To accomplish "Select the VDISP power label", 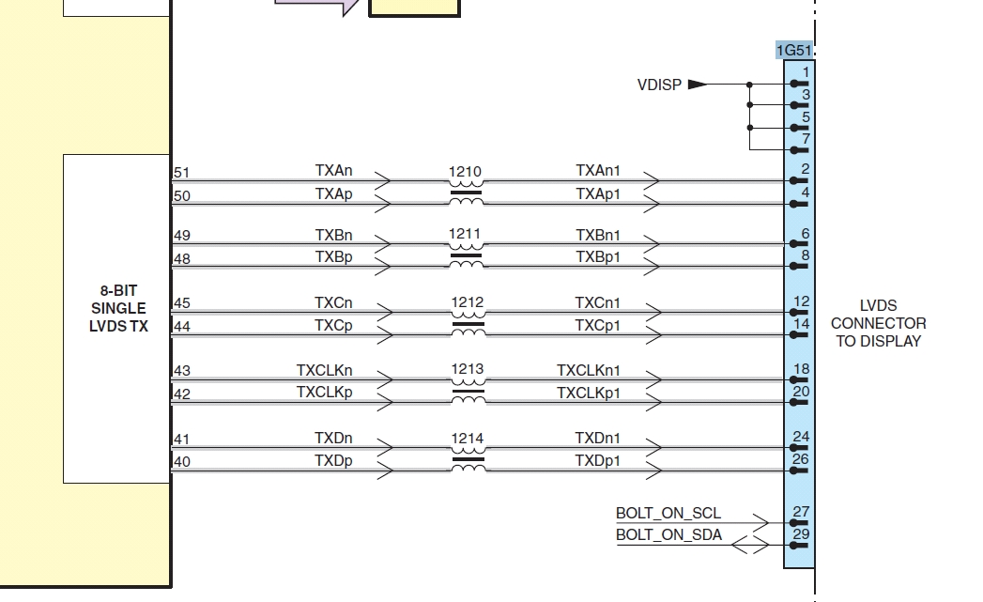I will [659, 85].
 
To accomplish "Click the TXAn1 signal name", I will [598, 171].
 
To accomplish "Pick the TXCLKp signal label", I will [325, 392].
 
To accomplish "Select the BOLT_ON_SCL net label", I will [668, 513].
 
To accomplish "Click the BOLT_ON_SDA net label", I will [668, 534].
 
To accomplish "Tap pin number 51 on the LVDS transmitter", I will [182, 173].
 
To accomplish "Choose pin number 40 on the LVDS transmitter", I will [182, 461].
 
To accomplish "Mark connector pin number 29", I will [801, 534].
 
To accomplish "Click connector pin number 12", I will [801, 302].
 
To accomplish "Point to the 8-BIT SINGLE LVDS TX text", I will [118, 309].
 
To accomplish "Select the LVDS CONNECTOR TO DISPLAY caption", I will [878, 323].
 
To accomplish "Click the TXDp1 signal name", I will [598, 460].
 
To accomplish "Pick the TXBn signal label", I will [334, 235].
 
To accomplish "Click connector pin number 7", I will [806, 139].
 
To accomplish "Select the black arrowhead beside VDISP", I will [697, 85].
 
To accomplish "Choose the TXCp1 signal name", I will [598, 325].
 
